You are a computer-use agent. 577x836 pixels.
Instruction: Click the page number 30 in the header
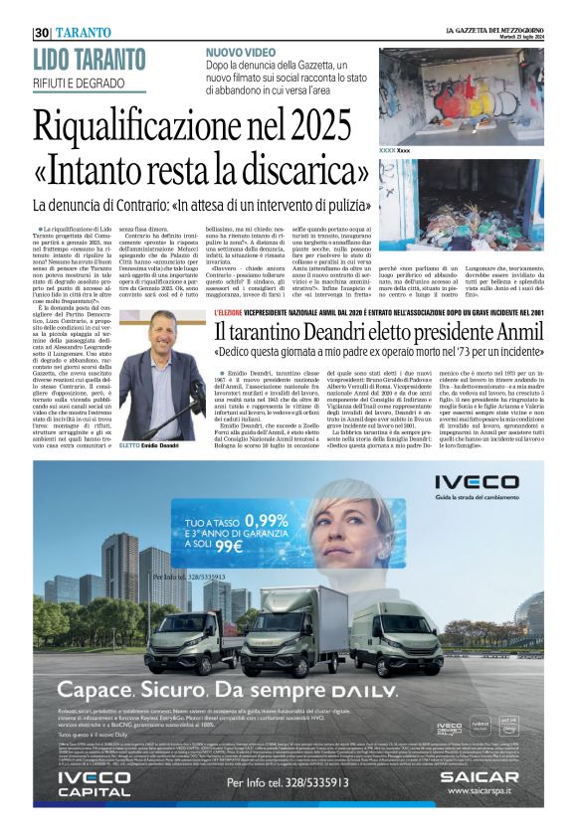coord(41,32)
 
